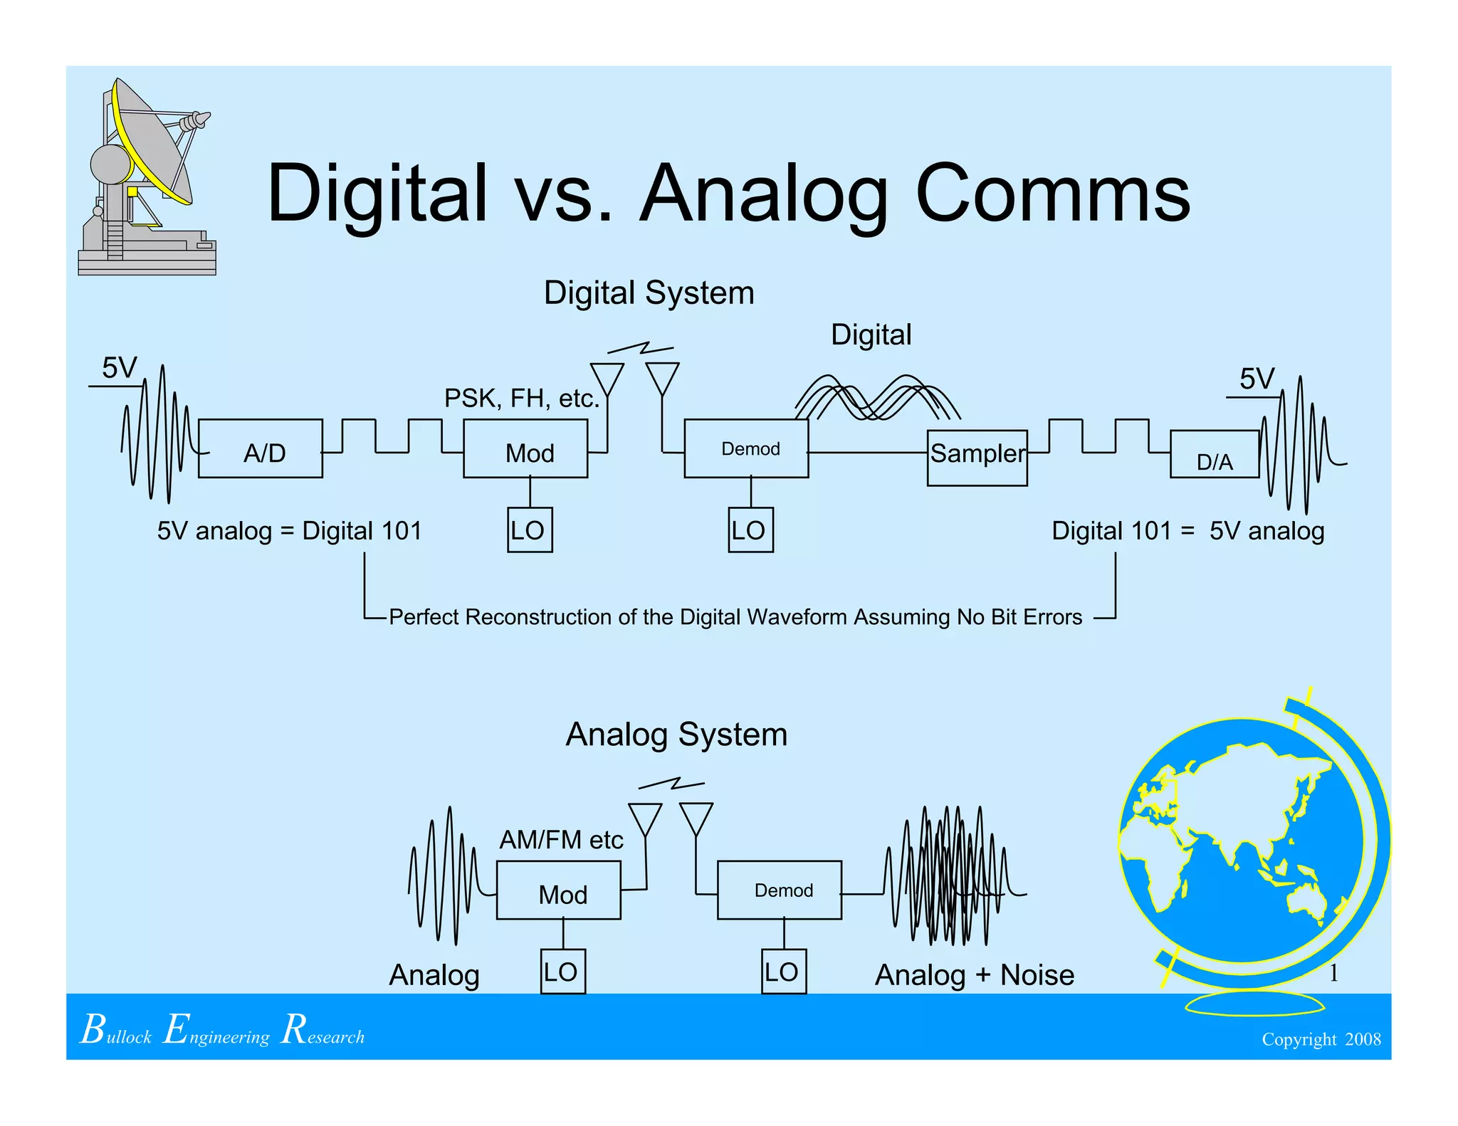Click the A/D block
pos(260,448)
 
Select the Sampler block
pos(977,457)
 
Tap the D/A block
pos(1215,454)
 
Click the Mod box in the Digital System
pos(525,448)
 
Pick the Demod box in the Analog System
pos(780,890)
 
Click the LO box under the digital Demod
pos(750,530)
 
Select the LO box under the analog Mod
pos(562,972)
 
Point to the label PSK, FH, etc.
pos(522,398)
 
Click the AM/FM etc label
pos(561,840)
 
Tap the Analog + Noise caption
pos(974,974)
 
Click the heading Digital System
pos(649,293)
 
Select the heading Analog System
pos(676,734)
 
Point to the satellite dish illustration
pos(146,178)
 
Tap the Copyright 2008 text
pos(1321,1039)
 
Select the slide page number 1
pos(1333,973)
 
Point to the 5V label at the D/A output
pos(1257,379)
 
